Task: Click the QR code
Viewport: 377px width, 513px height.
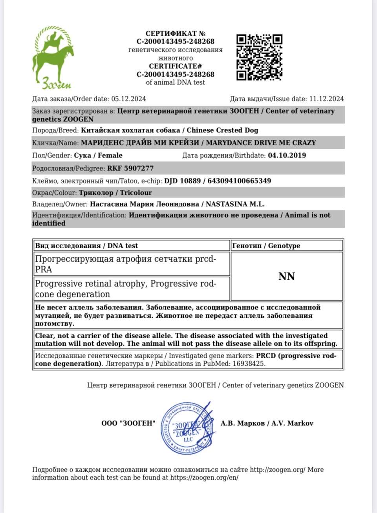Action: pyautogui.click(x=259, y=57)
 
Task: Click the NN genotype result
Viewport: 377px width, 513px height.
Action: pyautogui.click(x=287, y=277)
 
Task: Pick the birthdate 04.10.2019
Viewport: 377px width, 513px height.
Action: pyautogui.click(x=287, y=155)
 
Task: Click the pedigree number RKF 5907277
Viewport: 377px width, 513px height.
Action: pyautogui.click(x=130, y=168)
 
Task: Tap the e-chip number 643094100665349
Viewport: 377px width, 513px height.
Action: pyautogui.click(x=239, y=181)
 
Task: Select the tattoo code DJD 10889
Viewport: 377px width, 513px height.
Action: pyautogui.click(x=182, y=181)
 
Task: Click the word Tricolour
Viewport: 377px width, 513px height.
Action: pyautogui.click(x=136, y=192)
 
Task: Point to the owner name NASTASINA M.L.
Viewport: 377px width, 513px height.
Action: pyautogui.click(x=235, y=204)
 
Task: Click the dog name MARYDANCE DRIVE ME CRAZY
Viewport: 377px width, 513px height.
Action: pyautogui.click(x=261, y=143)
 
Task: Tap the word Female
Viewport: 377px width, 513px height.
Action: pyautogui.click(x=110, y=155)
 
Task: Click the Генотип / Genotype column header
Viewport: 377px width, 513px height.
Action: pyautogui.click(x=266, y=246)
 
